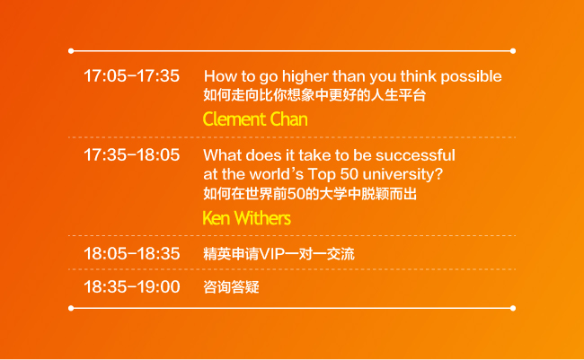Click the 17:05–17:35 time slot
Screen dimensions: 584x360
click(x=131, y=76)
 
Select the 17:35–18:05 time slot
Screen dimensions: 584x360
click(x=131, y=155)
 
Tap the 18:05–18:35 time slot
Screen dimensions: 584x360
click(x=131, y=253)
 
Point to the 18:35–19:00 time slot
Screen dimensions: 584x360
click(x=131, y=286)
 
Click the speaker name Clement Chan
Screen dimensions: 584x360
click(x=255, y=119)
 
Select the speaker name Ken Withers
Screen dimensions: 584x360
click(x=246, y=218)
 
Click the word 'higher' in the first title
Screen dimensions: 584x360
click(x=305, y=76)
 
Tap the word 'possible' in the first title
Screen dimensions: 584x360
click(x=471, y=76)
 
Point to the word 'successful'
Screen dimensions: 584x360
click(x=415, y=155)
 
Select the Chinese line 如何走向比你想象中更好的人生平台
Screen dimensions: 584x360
click(x=314, y=95)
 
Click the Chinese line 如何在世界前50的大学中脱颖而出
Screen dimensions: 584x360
click(x=310, y=194)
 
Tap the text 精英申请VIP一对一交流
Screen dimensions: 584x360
click(x=279, y=254)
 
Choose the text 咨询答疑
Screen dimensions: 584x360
click(x=231, y=287)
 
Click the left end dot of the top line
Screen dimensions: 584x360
click(x=71, y=51)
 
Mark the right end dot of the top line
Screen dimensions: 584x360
click(x=513, y=51)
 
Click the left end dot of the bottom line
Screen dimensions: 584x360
click(x=71, y=308)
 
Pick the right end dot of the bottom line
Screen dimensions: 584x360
click(x=513, y=308)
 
